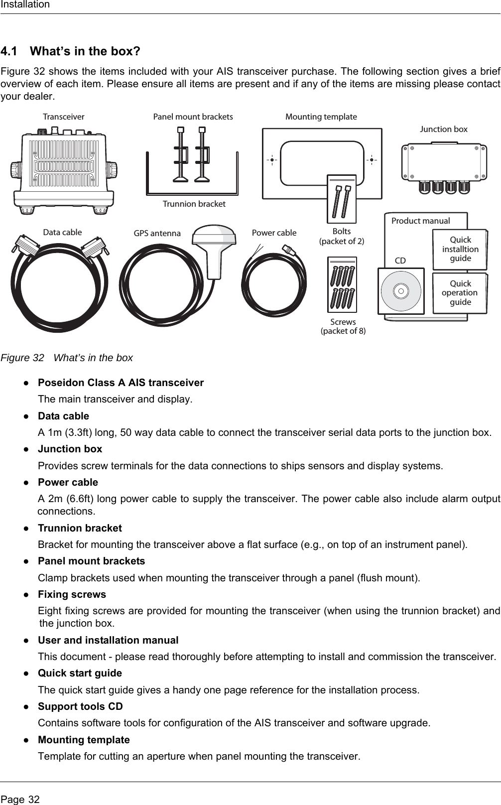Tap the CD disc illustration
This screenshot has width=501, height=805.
(401, 290)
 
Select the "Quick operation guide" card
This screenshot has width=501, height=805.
(460, 293)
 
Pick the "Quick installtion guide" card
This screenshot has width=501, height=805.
(460, 249)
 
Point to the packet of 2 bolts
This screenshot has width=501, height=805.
(342, 199)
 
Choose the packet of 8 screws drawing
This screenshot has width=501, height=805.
(342, 284)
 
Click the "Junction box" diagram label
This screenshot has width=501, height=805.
(444, 129)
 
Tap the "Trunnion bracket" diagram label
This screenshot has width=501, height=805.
(194, 204)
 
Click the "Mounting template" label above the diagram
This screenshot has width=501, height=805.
(321, 117)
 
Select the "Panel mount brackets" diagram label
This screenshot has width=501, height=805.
(193, 117)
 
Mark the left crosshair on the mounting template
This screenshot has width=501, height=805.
(272, 160)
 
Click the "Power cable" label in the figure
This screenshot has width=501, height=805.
(274, 233)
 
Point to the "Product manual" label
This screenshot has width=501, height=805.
(420, 221)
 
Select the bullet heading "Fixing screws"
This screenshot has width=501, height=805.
(72, 594)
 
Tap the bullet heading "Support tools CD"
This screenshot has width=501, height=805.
(80, 706)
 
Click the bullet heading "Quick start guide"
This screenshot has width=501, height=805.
(80, 673)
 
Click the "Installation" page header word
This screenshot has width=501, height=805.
(25, 4)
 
